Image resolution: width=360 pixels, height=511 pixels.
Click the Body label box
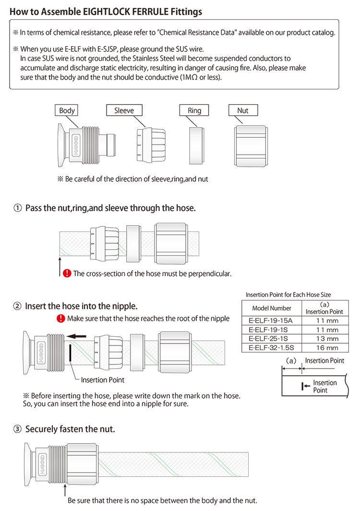coord(67,110)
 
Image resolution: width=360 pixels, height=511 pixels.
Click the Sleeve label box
coord(124,110)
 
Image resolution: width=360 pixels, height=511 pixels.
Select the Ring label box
coord(194,110)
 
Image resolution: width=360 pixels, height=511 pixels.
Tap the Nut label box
coord(243,110)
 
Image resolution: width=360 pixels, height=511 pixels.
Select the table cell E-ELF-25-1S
coord(272,339)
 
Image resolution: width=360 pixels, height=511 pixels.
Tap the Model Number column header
coord(272,308)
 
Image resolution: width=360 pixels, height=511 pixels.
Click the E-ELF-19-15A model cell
coord(272,320)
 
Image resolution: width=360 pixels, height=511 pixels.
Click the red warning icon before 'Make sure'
coord(60,318)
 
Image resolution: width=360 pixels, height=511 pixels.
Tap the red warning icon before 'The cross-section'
coord(67,273)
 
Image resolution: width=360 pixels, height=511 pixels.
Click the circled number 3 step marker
coord(17,429)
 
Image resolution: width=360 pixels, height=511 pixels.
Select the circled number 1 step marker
coord(17,208)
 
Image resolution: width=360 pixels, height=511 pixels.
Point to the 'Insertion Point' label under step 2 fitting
coord(102,380)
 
